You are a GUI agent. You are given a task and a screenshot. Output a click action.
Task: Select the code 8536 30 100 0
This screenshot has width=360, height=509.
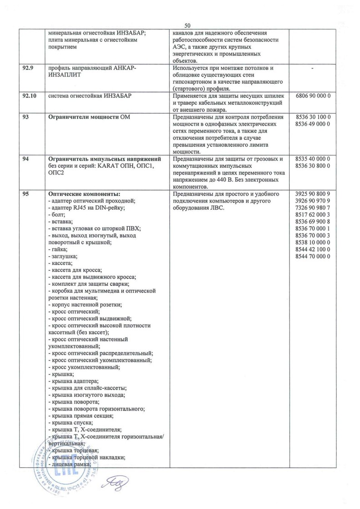(312, 117)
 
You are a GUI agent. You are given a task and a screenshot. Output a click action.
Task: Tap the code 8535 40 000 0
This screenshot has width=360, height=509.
(312, 159)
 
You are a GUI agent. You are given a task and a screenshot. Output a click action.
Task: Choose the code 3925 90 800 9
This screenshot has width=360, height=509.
(312, 193)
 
